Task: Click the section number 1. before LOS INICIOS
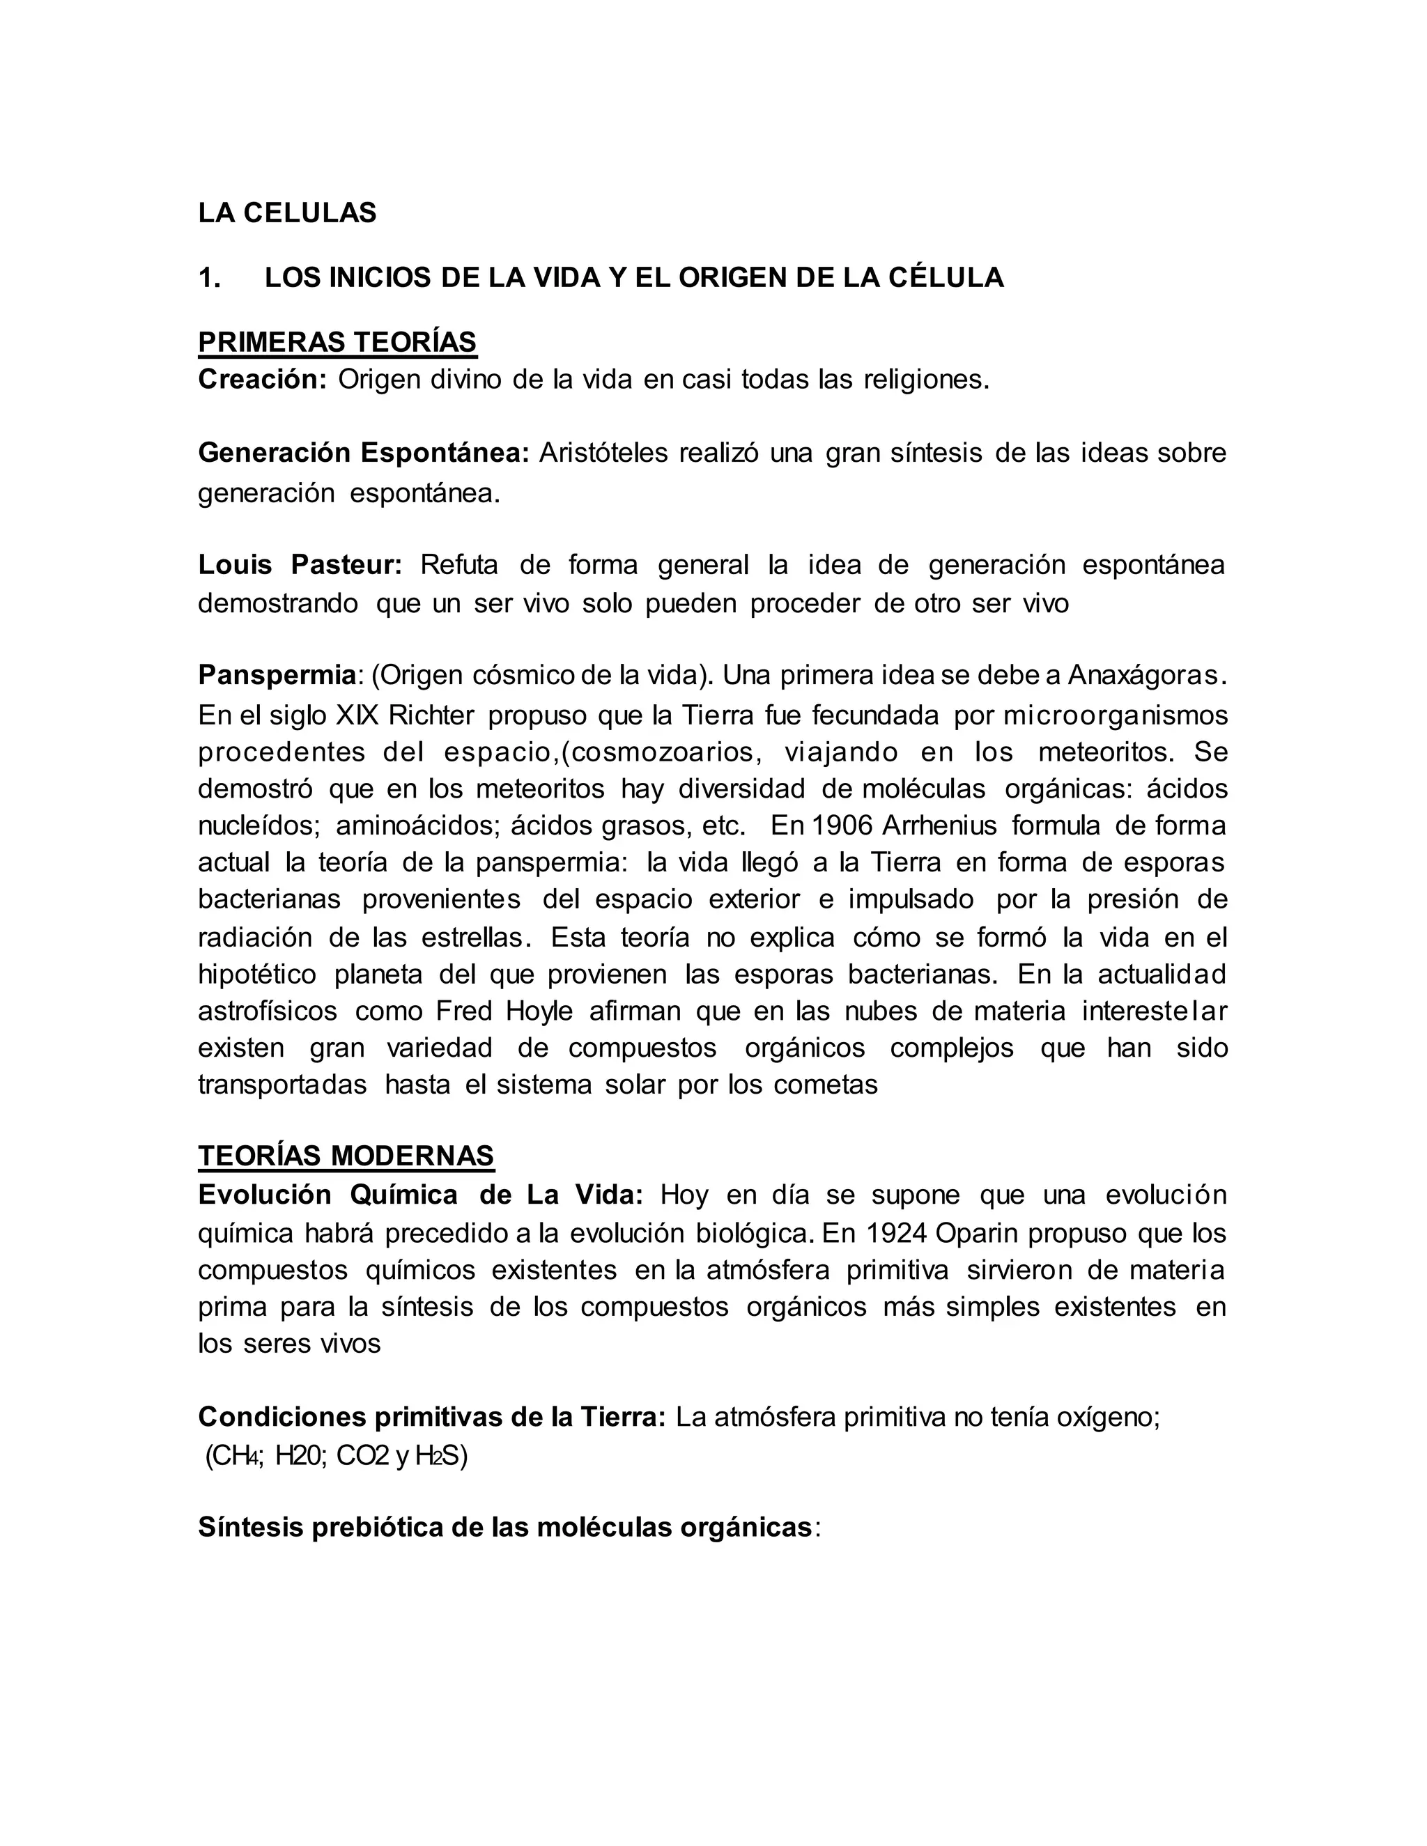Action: (x=209, y=277)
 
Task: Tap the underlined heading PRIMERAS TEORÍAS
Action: (x=337, y=342)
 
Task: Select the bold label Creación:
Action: (x=262, y=380)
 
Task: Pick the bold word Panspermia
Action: (x=277, y=675)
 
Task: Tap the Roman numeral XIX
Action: (x=358, y=715)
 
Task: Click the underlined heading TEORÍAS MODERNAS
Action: (x=346, y=1156)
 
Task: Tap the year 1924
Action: (x=897, y=1233)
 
